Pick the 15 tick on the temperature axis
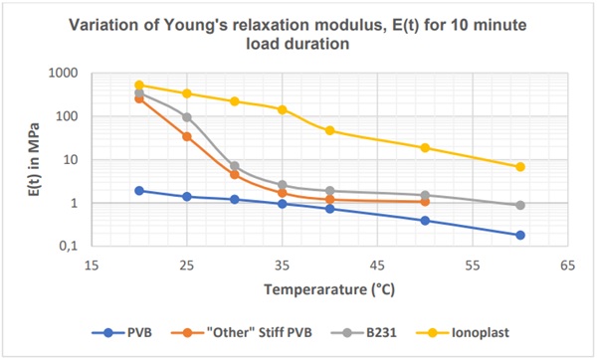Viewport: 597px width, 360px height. [91, 267]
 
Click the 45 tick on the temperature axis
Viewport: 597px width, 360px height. [377, 267]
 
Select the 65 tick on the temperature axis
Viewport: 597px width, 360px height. [568, 267]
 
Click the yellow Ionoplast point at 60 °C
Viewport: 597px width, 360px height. [520, 167]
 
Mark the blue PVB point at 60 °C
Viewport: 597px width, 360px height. [520, 235]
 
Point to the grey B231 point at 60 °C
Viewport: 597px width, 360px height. [520, 205]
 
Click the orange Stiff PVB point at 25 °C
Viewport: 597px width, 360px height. [187, 136]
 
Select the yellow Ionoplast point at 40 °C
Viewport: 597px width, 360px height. [329, 130]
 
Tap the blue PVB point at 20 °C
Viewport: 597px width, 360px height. [139, 191]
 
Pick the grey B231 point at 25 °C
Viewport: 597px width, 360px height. [187, 117]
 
